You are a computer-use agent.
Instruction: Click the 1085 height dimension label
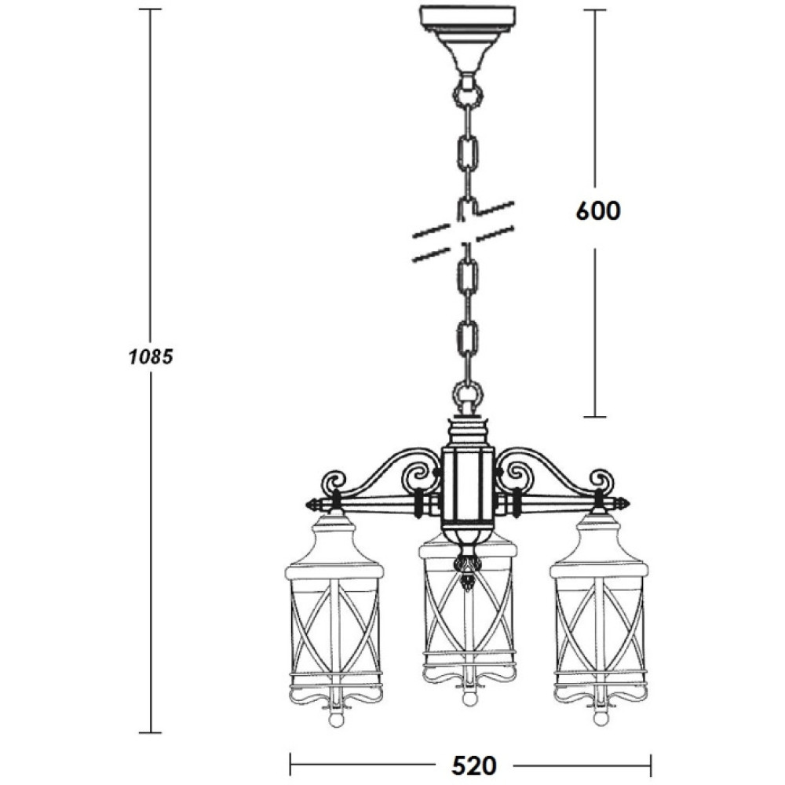(x=151, y=357)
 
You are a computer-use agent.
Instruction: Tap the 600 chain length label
(x=597, y=210)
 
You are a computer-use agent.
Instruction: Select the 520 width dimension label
(x=474, y=765)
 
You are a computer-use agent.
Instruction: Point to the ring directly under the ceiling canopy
(x=468, y=93)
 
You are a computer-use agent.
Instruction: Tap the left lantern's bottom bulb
(x=335, y=719)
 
